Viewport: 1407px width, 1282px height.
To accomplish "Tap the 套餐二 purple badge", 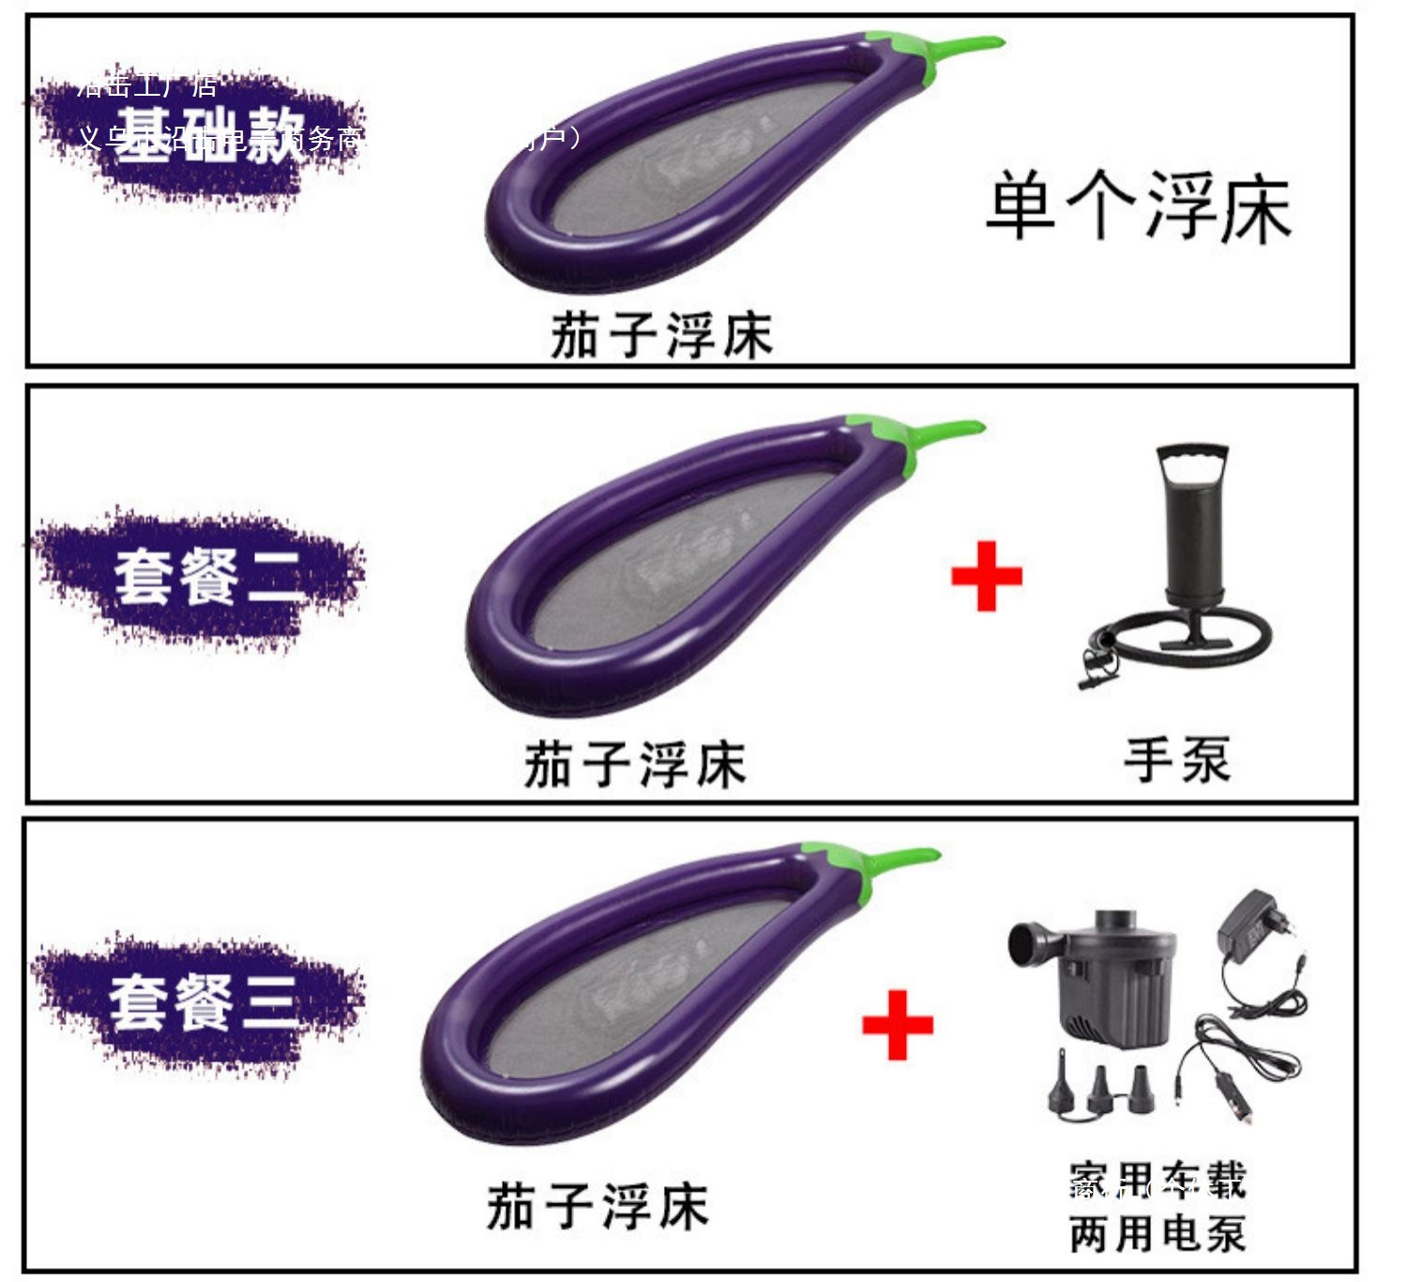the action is (202, 577).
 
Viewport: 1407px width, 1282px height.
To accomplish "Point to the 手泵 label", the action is (1177, 760).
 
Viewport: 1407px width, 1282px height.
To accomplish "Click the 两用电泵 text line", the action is (1157, 1233).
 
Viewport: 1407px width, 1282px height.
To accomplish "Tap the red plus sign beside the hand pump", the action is (986, 576).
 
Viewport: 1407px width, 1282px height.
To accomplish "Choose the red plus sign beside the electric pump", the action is (897, 1025).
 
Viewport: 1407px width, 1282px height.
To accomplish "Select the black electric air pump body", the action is (1112, 976).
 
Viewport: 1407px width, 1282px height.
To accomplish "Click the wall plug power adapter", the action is (1252, 924).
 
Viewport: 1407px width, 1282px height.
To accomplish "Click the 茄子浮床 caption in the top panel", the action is (661, 336).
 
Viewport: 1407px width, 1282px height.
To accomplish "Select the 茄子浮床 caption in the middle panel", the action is (635, 764).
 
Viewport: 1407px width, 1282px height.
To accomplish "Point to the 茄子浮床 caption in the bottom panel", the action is (598, 1206).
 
